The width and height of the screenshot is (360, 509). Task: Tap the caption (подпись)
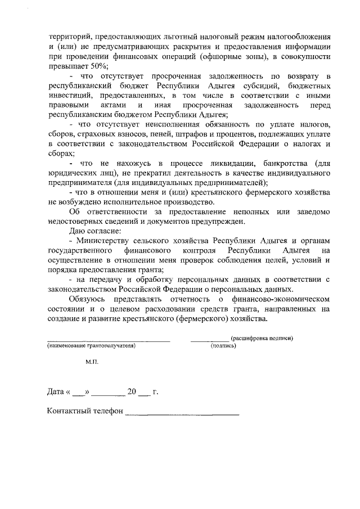[x=223, y=346]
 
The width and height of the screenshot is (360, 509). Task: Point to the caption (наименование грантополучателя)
[x=92, y=346]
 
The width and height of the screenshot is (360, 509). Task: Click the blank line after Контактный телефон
[x=182, y=414]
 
